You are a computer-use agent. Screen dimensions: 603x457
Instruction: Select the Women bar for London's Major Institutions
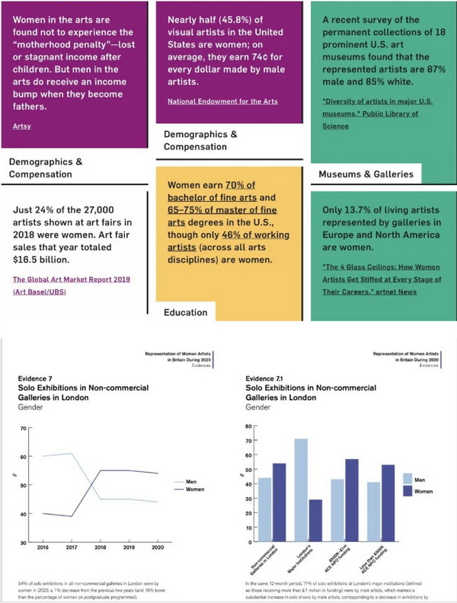click(315, 520)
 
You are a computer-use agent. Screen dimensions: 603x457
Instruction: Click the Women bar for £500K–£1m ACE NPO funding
click(352, 500)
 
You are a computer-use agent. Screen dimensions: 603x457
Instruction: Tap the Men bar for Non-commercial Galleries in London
click(264, 509)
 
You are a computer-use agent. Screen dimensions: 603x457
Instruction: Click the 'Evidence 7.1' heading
click(267, 378)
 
